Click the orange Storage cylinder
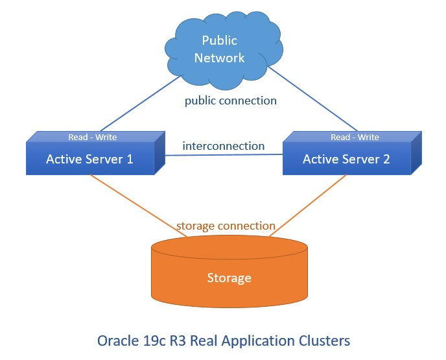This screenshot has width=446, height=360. click(x=229, y=272)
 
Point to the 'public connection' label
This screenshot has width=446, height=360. click(x=231, y=101)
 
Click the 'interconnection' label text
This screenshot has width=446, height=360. click(x=223, y=146)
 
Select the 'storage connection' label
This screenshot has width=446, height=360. click(x=226, y=226)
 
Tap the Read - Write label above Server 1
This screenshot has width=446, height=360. click(x=93, y=137)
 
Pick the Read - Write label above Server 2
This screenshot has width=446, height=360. click(x=355, y=137)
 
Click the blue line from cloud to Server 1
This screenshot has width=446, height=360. click(x=140, y=104)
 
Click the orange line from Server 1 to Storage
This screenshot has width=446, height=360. click(x=136, y=205)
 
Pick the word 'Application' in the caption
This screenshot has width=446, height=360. click(x=266, y=340)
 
